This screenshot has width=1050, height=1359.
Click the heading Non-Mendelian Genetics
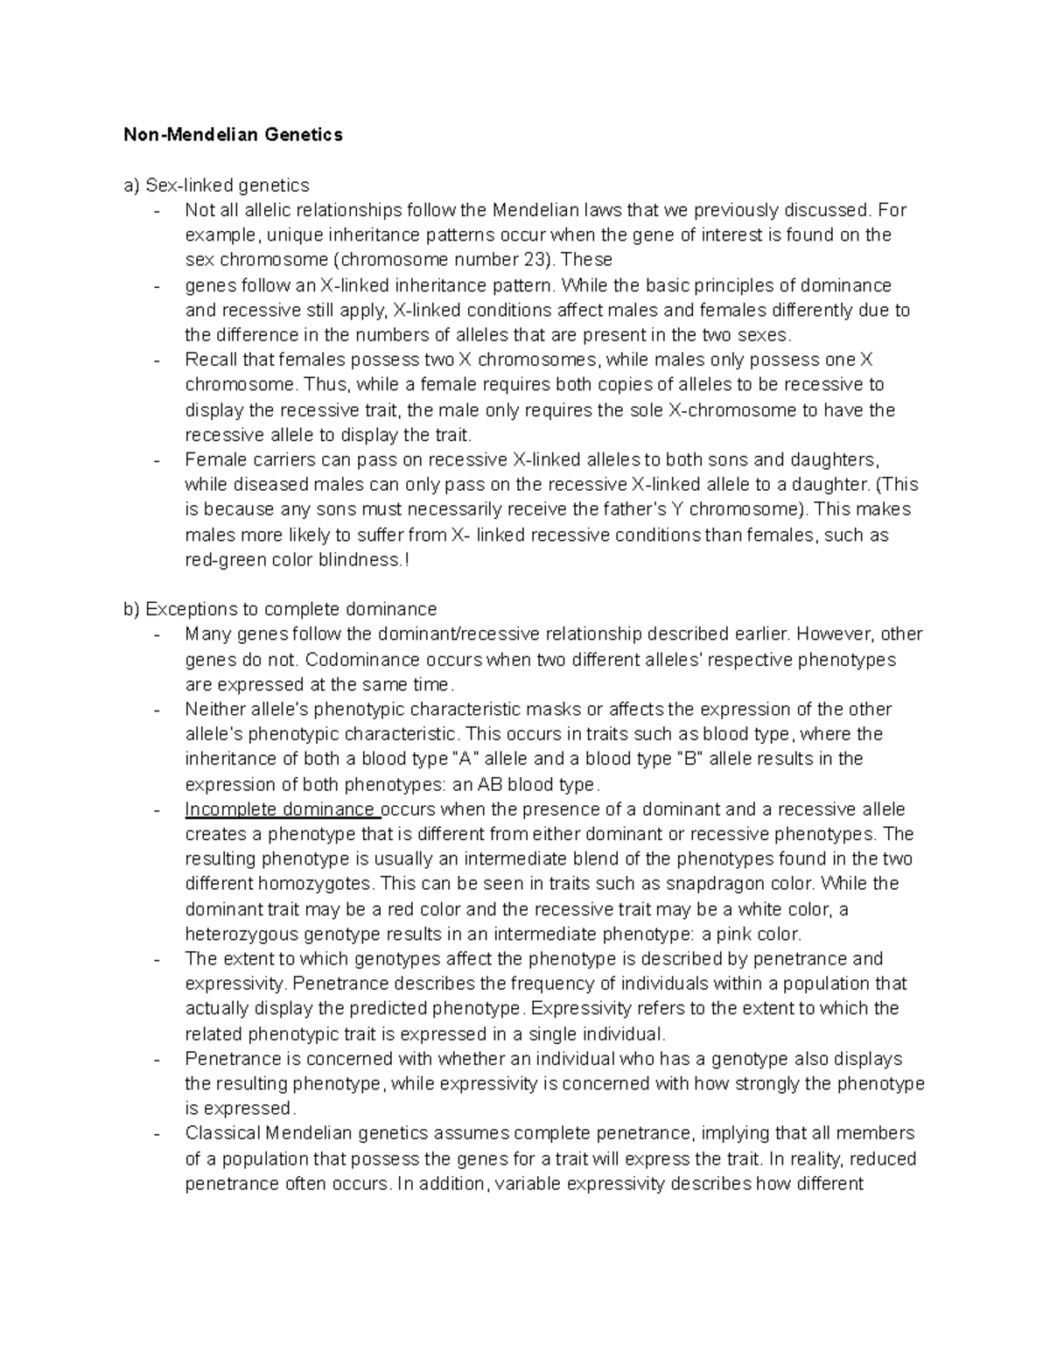pos(233,135)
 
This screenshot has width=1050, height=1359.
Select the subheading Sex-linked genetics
pos(227,186)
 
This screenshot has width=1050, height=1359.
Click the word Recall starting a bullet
pos(211,360)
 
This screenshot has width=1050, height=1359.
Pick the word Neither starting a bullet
pos(215,709)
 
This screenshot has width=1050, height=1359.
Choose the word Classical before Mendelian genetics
pos(222,1133)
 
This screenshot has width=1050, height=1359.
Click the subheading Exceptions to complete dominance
pos(290,609)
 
